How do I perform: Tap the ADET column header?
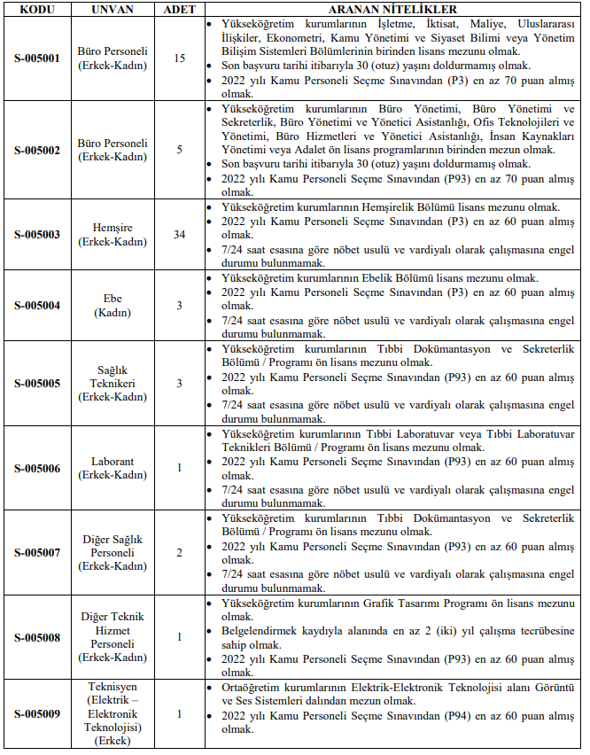tap(180, 8)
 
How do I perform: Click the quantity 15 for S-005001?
tap(180, 58)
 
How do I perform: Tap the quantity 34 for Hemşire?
tap(180, 235)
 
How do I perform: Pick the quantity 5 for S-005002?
tap(180, 150)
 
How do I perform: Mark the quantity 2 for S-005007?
tap(180, 553)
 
